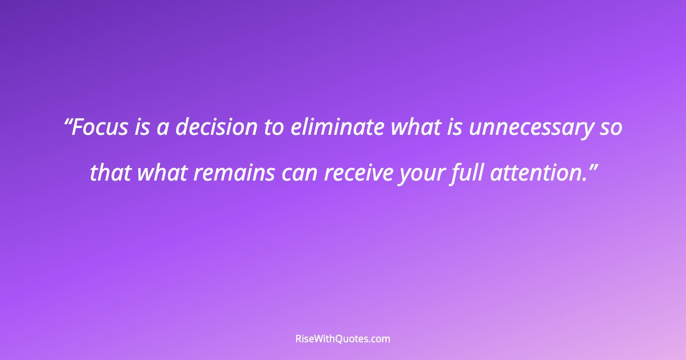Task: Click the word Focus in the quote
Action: click(101, 128)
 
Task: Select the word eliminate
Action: click(337, 128)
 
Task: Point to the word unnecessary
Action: click(531, 128)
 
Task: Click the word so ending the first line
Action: click(611, 128)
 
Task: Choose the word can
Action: click(300, 173)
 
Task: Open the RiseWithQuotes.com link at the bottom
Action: click(342, 339)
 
